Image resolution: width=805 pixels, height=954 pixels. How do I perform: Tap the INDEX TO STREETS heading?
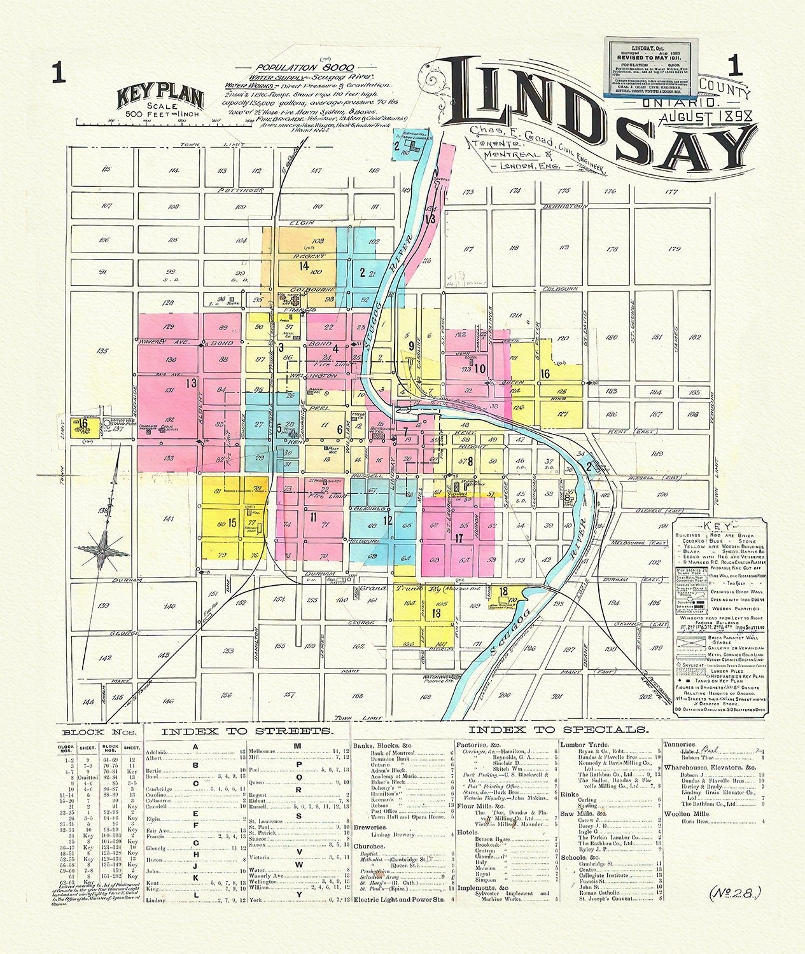[246, 731]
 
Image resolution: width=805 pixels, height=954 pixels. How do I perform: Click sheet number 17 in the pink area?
[458, 538]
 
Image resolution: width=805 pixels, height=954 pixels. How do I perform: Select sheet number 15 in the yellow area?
[232, 523]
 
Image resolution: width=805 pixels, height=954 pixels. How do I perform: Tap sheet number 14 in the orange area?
[304, 265]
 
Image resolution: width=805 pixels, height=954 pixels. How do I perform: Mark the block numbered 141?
[168, 520]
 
